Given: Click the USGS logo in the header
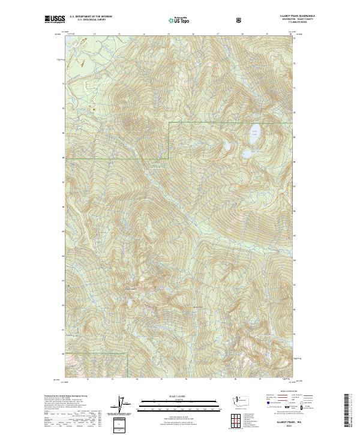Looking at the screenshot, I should click(x=55, y=20).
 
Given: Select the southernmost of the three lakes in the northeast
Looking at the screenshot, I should click(x=247, y=154).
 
